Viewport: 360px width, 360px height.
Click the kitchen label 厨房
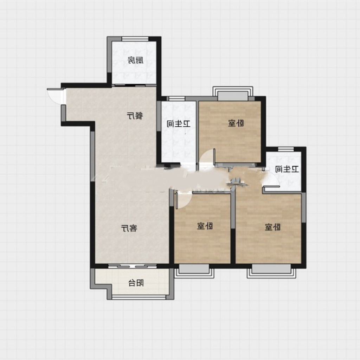pos(135,60)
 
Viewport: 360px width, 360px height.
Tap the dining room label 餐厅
pos(135,116)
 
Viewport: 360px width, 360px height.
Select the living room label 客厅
pos(129,228)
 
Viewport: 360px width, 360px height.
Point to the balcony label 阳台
pos(136,283)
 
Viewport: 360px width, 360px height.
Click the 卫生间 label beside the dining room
pos(179,124)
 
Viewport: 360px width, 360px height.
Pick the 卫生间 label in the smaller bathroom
pos(287,169)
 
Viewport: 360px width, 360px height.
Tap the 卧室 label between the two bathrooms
pos(236,123)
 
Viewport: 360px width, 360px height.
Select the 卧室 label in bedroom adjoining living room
pos(205,226)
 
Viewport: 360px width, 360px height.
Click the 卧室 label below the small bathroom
pos(272,227)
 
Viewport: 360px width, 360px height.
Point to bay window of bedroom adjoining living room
pos(194,271)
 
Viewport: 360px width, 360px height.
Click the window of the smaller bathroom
pos(286,149)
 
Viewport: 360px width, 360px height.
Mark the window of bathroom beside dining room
pos(177,99)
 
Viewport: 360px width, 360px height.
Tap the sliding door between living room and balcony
pos(133,266)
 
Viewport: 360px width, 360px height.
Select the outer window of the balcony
pos(139,297)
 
